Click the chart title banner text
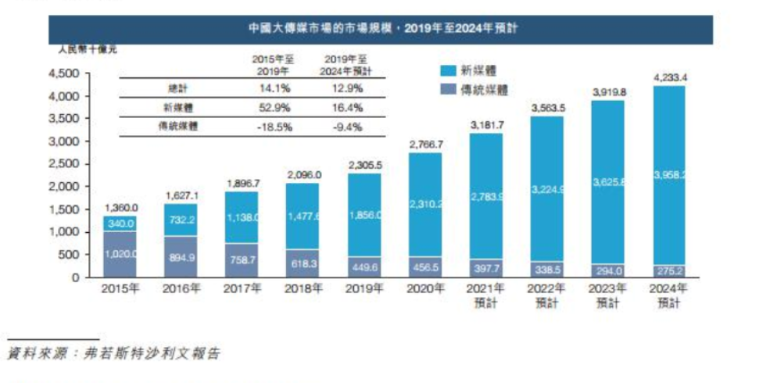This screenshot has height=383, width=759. tap(381, 28)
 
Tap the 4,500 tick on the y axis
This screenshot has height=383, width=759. tap(65, 74)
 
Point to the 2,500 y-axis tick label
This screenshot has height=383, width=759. tap(65, 165)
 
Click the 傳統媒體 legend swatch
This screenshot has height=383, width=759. tap(446, 90)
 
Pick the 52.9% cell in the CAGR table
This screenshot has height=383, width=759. tap(274, 107)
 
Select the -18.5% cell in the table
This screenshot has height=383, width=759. tap(274, 126)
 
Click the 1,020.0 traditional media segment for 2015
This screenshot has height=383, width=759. tap(121, 253)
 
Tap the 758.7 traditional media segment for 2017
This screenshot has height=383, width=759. tap(242, 260)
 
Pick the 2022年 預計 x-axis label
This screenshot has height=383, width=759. tap(548, 295)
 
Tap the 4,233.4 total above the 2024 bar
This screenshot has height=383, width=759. tap(670, 77)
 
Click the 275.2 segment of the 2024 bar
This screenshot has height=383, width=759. tap(670, 271)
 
